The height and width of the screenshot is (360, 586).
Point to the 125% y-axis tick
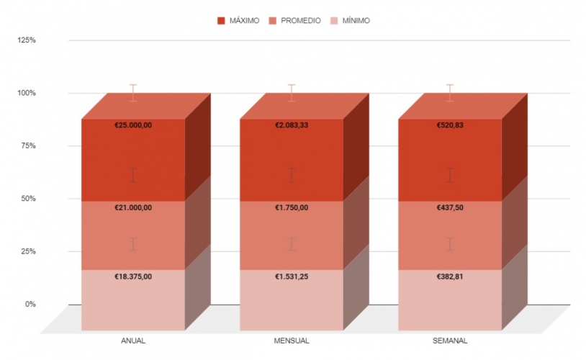27,40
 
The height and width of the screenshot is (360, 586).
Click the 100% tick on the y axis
27,93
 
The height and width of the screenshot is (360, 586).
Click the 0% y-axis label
30,304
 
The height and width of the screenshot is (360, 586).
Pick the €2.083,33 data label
292,125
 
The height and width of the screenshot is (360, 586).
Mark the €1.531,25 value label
292,276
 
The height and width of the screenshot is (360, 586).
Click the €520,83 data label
450,125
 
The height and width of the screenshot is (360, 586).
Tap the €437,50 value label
450,208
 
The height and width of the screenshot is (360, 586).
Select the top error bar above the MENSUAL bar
292,93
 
